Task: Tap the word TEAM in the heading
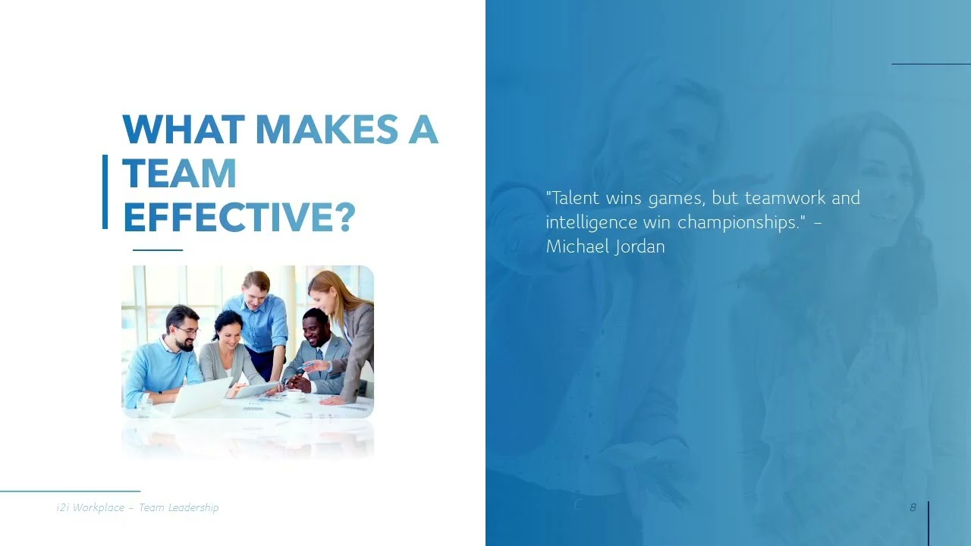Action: coord(180,174)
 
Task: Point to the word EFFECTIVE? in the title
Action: coord(239,217)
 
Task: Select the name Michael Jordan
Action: coord(605,246)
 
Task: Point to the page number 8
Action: coord(913,507)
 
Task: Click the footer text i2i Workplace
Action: coord(90,507)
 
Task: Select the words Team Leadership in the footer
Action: coord(179,507)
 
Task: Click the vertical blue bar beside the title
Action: coord(105,191)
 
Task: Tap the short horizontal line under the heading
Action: coord(158,249)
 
